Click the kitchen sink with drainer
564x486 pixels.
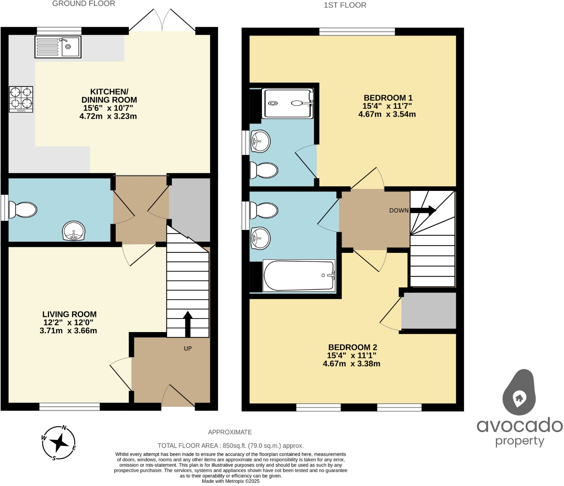tap(58, 47)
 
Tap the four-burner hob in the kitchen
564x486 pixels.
tap(21, 99)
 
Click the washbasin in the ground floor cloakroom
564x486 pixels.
tap(74, 231)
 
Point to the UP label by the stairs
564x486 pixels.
tap(188, 348)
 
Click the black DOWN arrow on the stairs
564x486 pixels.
tap(423, 211)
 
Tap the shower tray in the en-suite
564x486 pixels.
tap(288, 103)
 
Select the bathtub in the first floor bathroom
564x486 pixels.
tap(299, 275)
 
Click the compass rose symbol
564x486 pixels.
tap(58, 443)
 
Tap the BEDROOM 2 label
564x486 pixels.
tap(352, 347)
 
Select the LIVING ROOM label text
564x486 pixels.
tap(69, 314)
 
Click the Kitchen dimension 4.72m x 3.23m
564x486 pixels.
tap(108, 116)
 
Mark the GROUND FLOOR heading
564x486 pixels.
tap(84, 4)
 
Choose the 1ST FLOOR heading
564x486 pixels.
tap(345, 5)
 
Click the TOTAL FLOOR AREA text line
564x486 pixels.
tap(230, 446)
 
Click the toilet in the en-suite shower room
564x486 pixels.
tap(264, 171)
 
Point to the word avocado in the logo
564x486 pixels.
tap(520, 425)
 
